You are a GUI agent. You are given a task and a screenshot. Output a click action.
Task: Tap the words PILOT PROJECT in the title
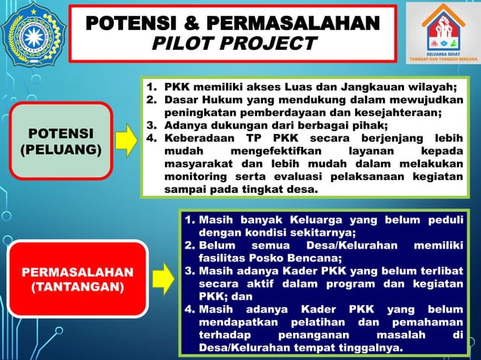click(x=234, y=43)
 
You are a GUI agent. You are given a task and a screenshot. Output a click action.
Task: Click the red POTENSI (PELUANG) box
click(x=60, y=142)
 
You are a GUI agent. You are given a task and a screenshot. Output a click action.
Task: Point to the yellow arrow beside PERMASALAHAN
click(x=169, y=276)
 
